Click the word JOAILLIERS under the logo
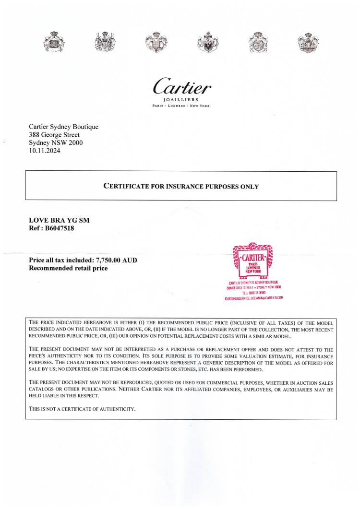click(x=181, y=100)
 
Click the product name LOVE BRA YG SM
click(x=60, y=220)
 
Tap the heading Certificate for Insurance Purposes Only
click(x=181, y=186)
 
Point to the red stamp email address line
click(x=254, y=297)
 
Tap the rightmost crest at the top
click(x=308, y=42)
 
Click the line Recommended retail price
click(x=68, y=268)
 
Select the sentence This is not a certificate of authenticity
click(x=83, y=409)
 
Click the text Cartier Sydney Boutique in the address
click(x=64, y=127)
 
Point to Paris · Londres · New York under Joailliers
click(x=181, y=106)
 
